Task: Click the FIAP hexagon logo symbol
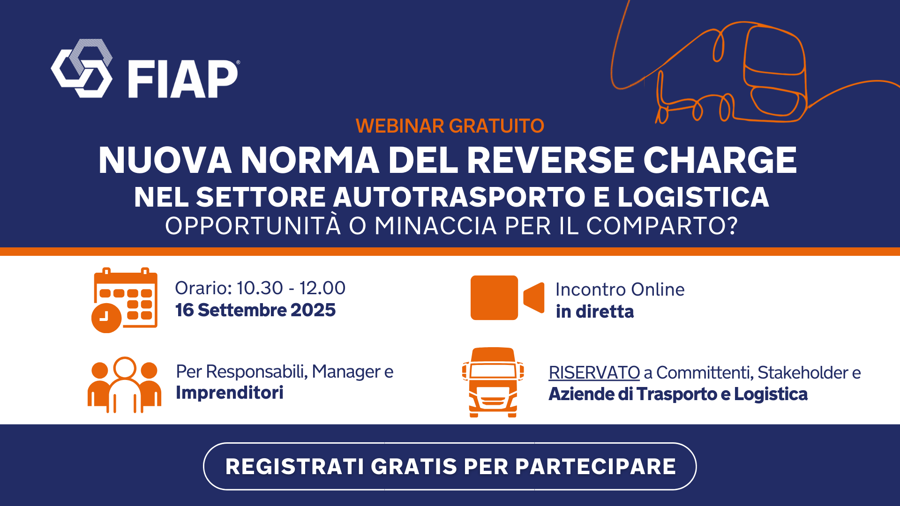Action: [82, 68]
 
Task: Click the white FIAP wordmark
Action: [183, 79]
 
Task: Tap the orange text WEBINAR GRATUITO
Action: [450, 126]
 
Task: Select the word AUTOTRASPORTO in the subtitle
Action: [459, 197]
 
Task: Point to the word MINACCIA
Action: [435, 226]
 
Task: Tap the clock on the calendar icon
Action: [106, 318]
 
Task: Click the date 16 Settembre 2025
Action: [255, 310]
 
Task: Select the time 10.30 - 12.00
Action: [291, 288]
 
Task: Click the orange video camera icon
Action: [507, 298]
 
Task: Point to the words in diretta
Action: [594, 312]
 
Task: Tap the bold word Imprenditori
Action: [230, 393]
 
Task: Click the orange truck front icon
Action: [493, 382]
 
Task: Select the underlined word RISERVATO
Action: [594, 373]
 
